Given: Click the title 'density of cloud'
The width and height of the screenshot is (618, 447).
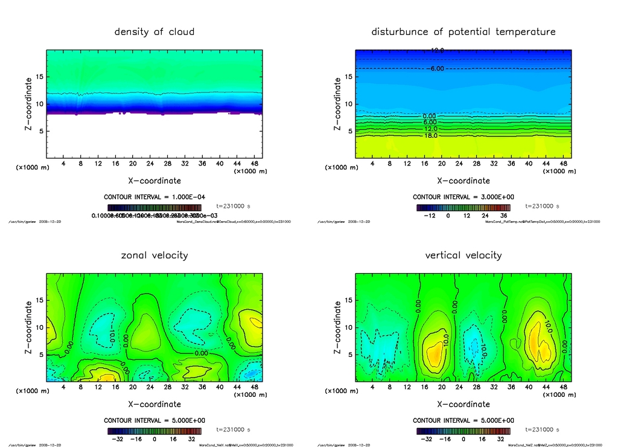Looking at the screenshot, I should (154, 32).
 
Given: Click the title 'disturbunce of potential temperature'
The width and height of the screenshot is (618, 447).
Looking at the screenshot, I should (463, 32).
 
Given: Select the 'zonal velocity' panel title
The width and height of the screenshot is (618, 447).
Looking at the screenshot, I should (154, 256).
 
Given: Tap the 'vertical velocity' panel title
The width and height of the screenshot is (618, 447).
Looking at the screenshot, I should (463, 256).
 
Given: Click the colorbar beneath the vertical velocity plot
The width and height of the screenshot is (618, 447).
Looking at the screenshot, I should (463, 431).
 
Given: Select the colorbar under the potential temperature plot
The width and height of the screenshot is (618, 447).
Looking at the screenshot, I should (463, 207).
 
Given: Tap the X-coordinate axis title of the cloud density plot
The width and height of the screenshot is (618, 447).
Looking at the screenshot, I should (154, 181).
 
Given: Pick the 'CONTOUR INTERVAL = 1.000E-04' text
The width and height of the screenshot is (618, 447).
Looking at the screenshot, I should (154, 197).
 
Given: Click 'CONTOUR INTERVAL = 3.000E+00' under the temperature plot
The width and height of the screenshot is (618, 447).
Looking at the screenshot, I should (463, 197).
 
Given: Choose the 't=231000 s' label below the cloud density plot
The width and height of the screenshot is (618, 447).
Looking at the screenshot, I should (232, 207).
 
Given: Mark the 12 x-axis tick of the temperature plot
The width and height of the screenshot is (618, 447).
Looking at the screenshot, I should (407, 164).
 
